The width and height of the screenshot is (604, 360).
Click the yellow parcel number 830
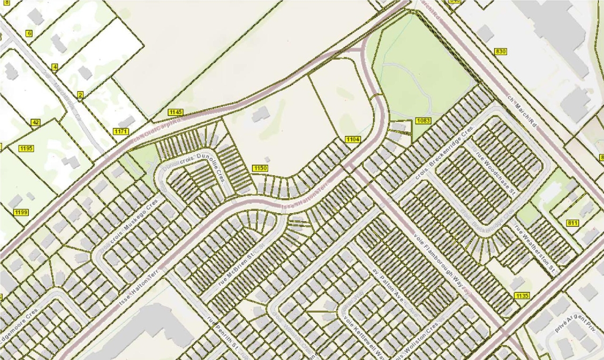(501, 51)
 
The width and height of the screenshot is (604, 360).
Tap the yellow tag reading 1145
(175, 112)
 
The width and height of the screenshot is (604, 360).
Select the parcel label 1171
(120, 131)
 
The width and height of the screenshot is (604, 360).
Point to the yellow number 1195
(26, 149)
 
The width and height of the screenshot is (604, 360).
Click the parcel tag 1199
(21, 212)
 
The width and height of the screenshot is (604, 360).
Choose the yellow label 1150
(260, 168)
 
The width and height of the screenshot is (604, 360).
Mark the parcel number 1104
(353, 139)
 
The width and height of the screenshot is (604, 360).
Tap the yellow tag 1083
(423, 121)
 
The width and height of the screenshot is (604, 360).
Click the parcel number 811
(573, 223)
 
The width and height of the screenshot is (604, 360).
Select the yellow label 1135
(522, 296)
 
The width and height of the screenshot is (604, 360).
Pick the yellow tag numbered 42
(35, 123)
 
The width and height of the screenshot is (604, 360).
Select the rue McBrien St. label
(240, 269)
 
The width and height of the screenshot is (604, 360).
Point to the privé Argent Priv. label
(576, 321)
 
